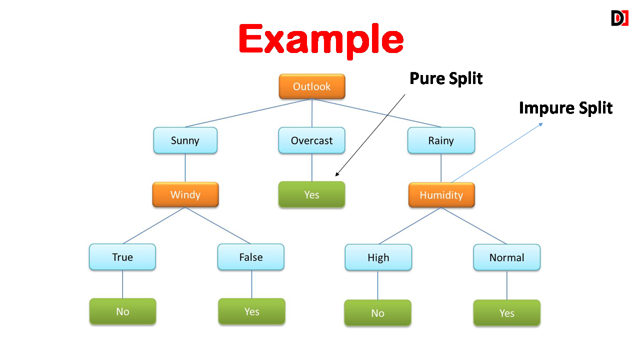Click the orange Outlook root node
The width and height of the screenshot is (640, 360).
pos(312,86)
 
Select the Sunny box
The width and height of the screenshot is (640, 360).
pos(185,140)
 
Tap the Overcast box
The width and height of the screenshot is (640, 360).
pos(311,140)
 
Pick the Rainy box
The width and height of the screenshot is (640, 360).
pos(441,140)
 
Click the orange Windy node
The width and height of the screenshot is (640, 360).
pos(185,194)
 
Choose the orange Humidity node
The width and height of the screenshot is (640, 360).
pos(441,195)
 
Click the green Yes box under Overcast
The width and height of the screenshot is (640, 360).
pos(311,194)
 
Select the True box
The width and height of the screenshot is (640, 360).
pos(122,257)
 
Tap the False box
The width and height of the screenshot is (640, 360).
pos(251,257)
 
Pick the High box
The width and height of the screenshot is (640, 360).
pos(378,257)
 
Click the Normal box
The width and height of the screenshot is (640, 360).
pos(507,257)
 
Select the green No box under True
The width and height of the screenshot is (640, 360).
pos(122,311)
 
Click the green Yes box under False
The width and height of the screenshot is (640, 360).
pos(251,311)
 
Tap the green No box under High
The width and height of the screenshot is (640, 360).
pos(377,313)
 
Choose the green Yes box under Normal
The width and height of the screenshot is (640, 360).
pos(507,313)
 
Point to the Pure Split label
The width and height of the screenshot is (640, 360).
pos(446,78)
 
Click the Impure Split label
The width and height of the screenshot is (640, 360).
pos(565,108)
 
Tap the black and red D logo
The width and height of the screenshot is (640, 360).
pos(619,18)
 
